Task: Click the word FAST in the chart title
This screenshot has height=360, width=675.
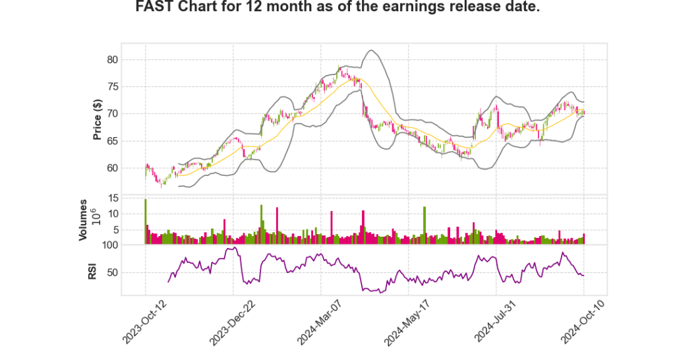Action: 154,8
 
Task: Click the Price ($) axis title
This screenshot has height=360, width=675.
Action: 98,119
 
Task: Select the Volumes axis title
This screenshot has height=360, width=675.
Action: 83,220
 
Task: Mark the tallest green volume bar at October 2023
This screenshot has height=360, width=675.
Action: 145,222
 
